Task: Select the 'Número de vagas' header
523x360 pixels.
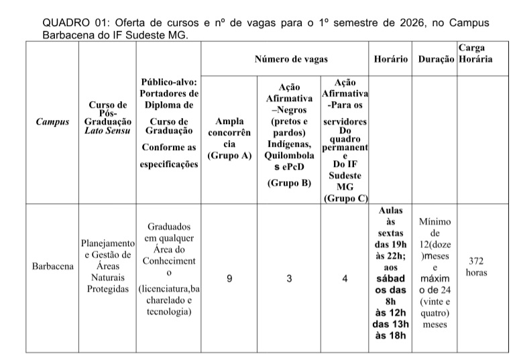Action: (291, 60)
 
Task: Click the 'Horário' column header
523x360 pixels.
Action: (391, 60)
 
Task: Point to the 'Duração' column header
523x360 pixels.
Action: (436, 60)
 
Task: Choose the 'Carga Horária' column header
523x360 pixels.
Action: (476, 54)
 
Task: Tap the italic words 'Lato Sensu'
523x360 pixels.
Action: (107, 132)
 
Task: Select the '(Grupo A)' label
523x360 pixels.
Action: (229, 156)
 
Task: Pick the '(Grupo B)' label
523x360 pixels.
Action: (289, 182)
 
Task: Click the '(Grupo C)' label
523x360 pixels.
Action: (345, 198)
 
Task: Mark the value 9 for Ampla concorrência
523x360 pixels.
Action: (229, 280)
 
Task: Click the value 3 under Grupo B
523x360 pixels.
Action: (289, 280)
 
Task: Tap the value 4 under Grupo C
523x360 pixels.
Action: (345, 280)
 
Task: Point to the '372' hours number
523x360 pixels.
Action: (476, 261)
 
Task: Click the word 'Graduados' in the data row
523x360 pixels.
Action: (169, 227)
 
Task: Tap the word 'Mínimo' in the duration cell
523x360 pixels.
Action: (434, 221)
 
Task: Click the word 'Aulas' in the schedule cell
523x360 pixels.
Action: (391, 210)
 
